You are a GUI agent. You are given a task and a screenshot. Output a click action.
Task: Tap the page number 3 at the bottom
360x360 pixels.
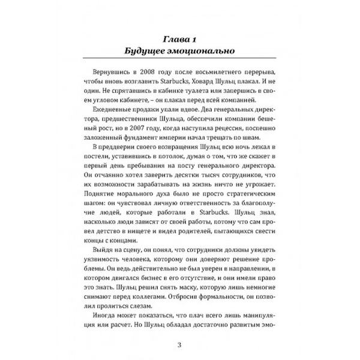179,344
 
